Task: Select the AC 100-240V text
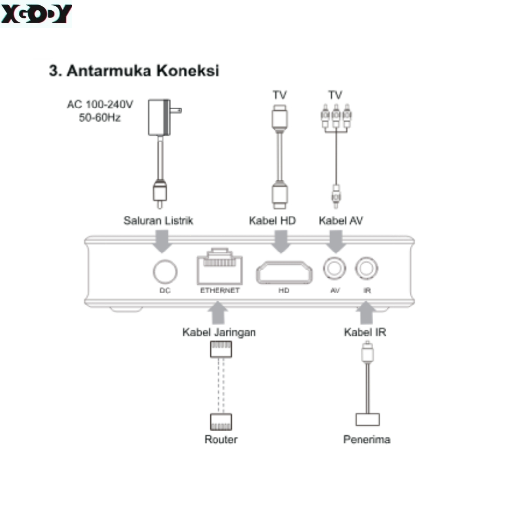pyautogui.click(x=100, y=105)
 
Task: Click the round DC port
pyautogui.click(x=165, y=272)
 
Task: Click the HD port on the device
pyautogui.click(x=284, y=273)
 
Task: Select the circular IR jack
pyautogui.click(x=366, y=269)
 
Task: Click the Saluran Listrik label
pyautogui.click(x=158, y=220)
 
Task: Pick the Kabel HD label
pyautogui.click(x=272, y=220)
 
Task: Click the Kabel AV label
pyautogui.click(x=341, y=220)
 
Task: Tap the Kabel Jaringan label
pyautogui.click(x=219, y=332)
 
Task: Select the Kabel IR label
pyautogui.click(x=365, y=332)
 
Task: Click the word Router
pyautogui.click(x=221, y=439)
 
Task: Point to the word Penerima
pyautogui.click(x=367, y=439)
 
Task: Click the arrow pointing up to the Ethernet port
pyautogui.click(x=218, y=313)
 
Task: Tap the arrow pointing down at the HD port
pyautogui.click(x=281, y=241)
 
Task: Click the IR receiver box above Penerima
pyautogui.click(x=367, y=419)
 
